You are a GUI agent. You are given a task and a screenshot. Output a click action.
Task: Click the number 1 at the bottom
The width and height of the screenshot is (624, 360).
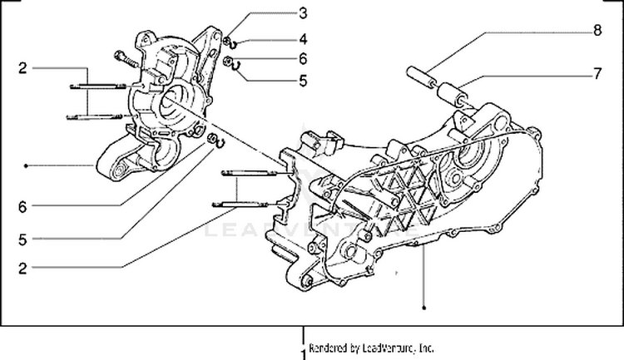coord(302,352)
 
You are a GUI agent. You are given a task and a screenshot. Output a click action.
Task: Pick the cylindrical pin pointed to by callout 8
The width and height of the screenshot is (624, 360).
coord(420,73)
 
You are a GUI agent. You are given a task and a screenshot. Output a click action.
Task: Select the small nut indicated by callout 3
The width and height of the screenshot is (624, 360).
coord(226,40)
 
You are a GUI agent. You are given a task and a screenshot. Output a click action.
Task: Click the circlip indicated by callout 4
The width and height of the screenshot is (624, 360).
coord(235,43)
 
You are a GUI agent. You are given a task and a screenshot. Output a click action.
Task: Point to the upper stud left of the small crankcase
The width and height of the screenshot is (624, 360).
coord(96,86)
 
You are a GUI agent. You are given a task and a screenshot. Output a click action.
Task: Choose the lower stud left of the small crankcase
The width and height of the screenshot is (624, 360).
coord(96,116)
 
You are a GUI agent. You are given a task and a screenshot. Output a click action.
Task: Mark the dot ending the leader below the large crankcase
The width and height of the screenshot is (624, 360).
coord(423,309)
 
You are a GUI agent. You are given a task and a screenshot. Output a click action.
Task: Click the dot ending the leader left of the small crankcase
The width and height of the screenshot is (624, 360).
coord(27,166)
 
